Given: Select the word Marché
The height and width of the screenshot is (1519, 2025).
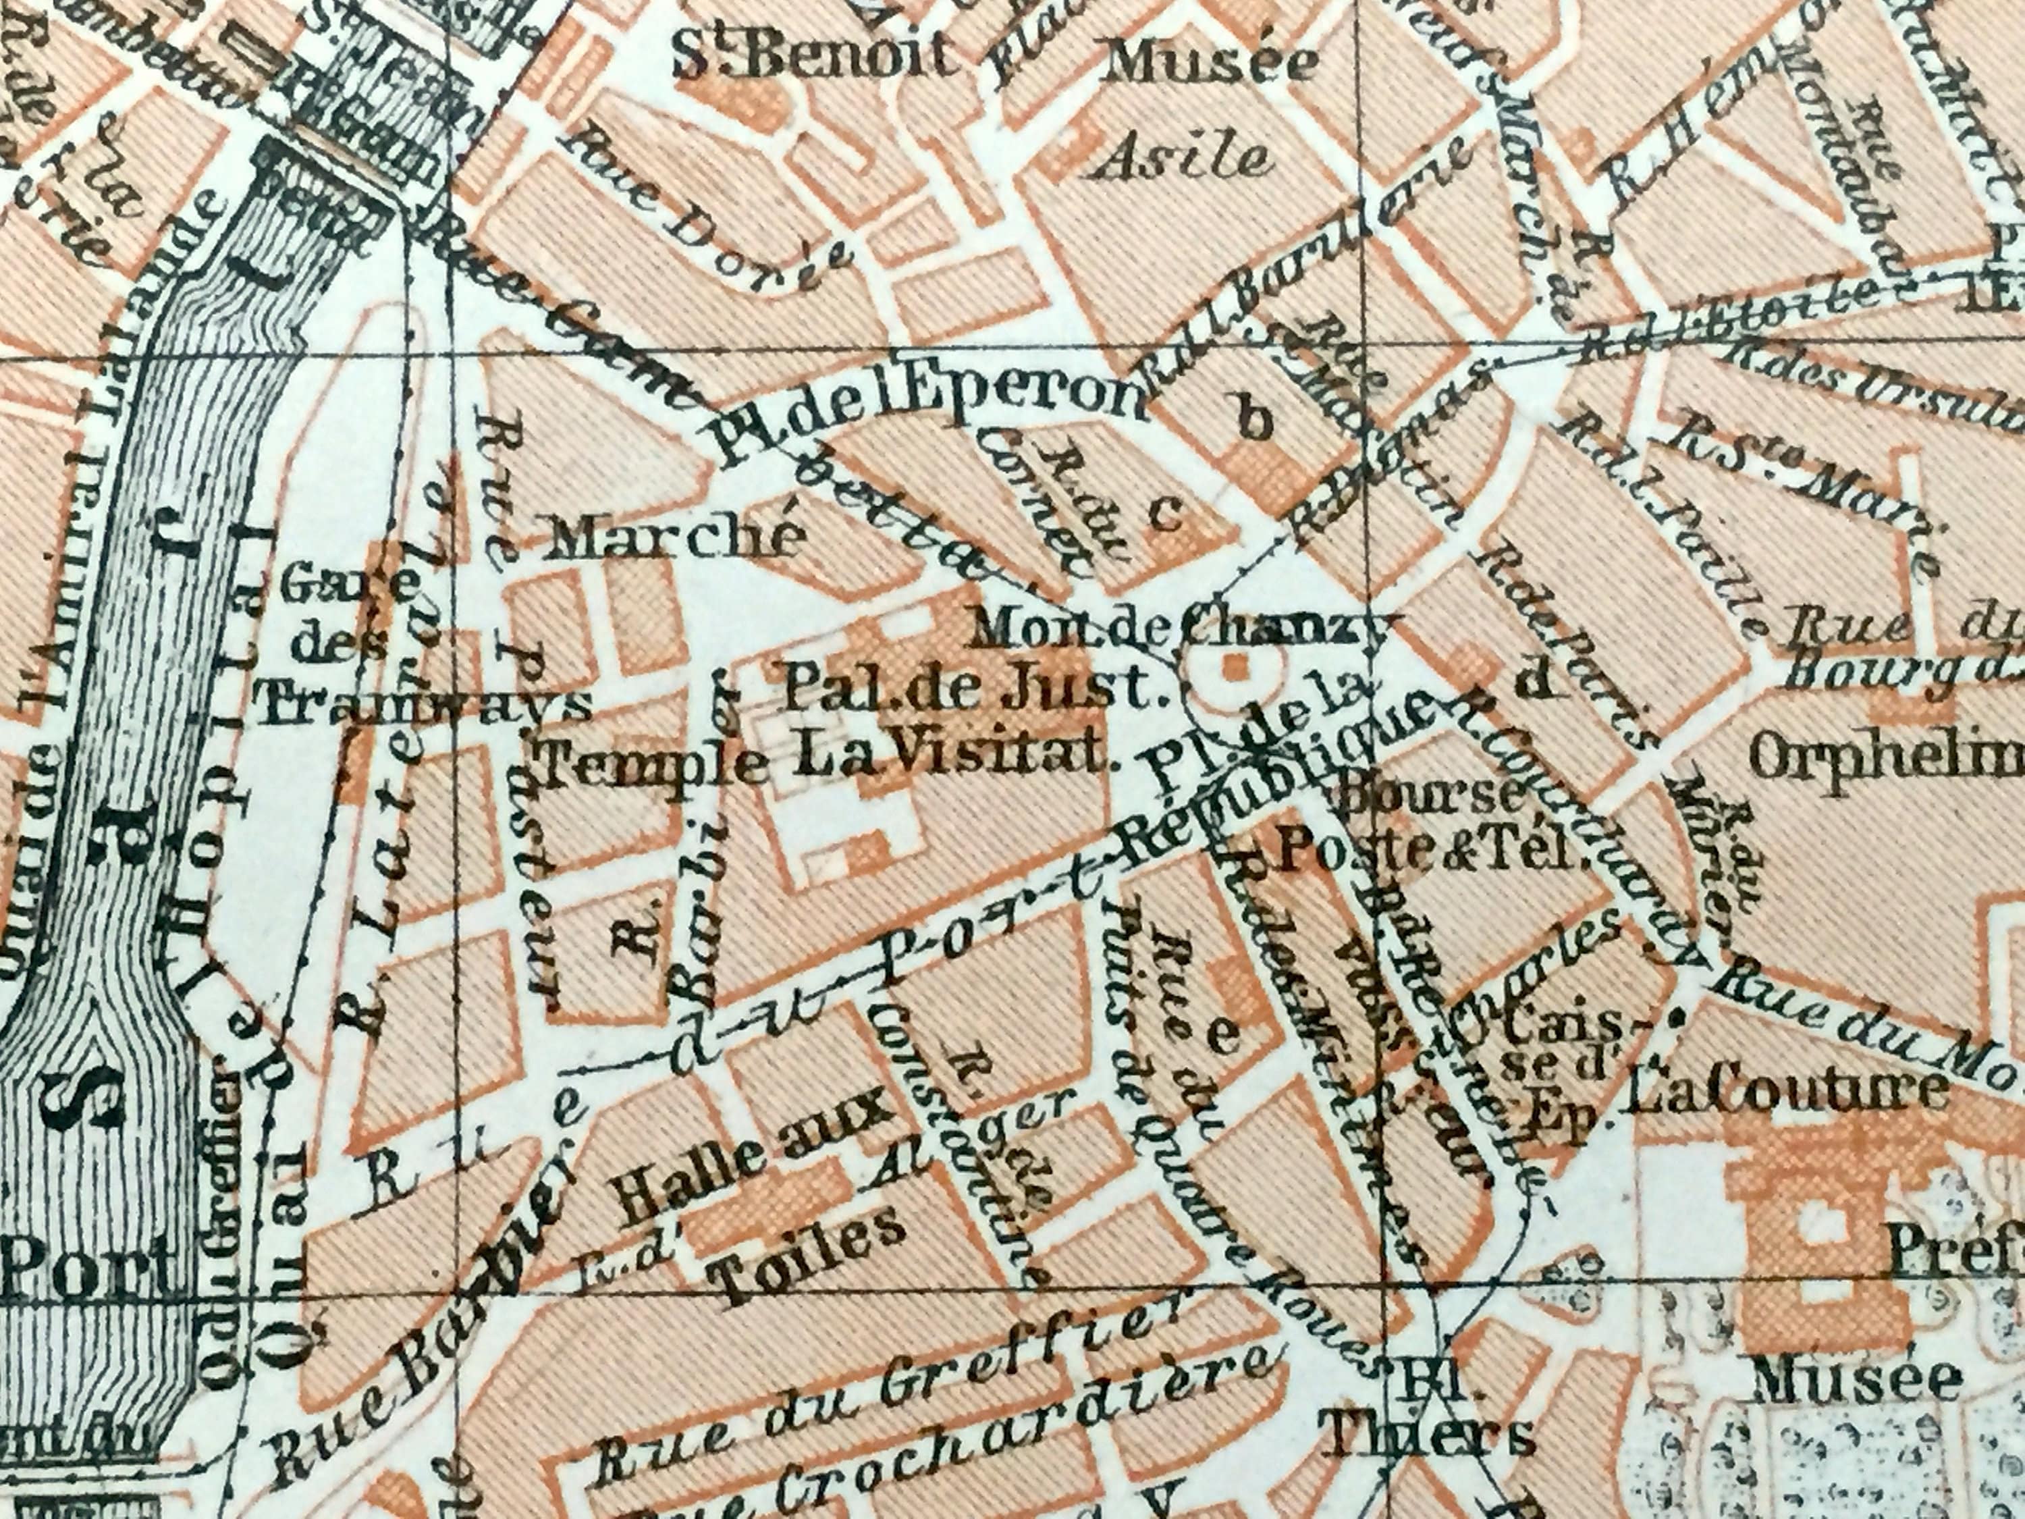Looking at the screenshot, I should pos(674,538).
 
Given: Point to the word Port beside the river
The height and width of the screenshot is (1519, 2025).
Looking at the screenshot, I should pos(87,1264).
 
